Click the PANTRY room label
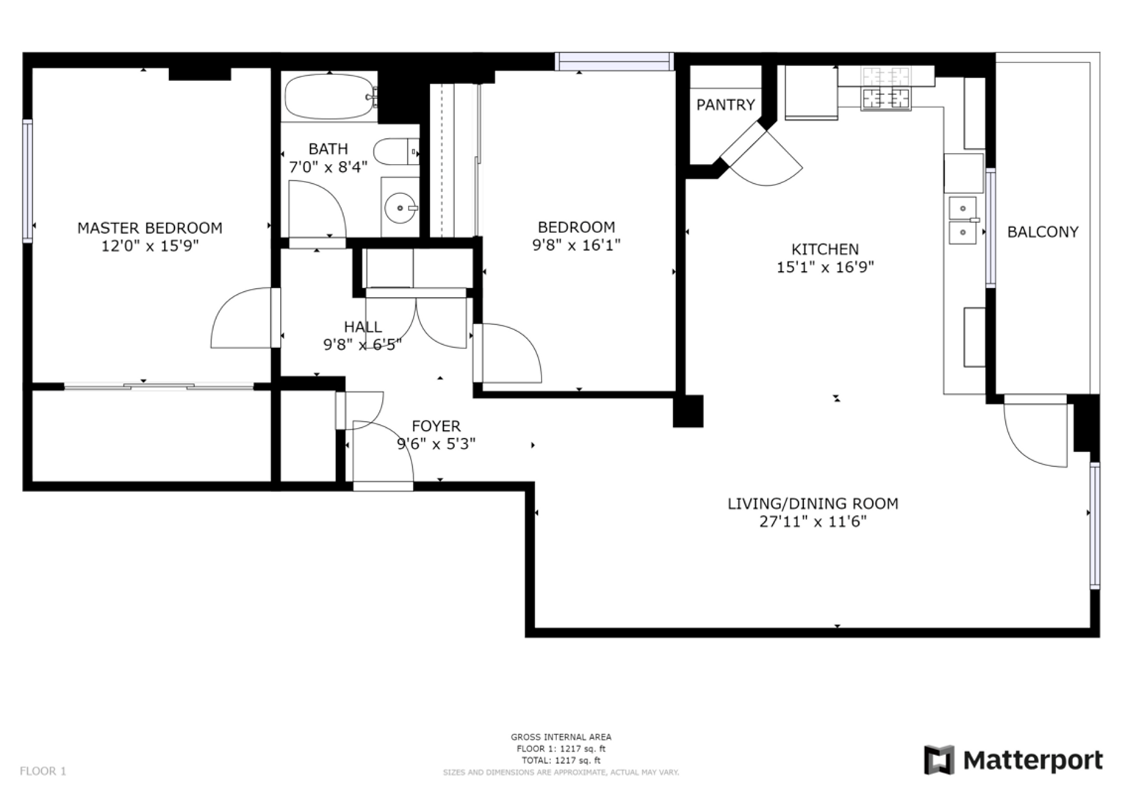pyautogui.click(x=725, y=104)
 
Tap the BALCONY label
pyautogui.click(x=1043, y=232)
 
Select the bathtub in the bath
pyautogui.click(x=330, y=96)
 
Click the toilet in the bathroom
pyautogui.click(x=396, y=151)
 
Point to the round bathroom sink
pyautogui.click(x=400, y=207)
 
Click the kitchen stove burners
pyautogui.click(x=885, y=88)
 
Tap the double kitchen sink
pyautogui.click(x=963, y=221)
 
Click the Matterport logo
pyautogui.click(x=1013, y=760)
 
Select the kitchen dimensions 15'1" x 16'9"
pyautogui.click(x=825, y=267)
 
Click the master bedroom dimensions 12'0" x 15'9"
pyautogui.click(x=150, y=246)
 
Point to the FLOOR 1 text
pyautogui.click(x=43, y=771)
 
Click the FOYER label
pyautogui.click(x=436, y=426)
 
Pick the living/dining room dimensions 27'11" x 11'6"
pyautogui.click(x=813, y=522)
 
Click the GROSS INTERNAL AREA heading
pyautogui.click(x=561, y=737)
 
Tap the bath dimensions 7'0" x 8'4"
pyautogui.click(x=328, y=167)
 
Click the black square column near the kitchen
pyautogui.click(x=688, y=411)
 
